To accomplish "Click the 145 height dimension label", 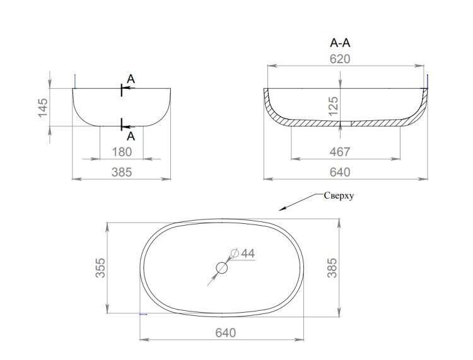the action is tap(43, 107).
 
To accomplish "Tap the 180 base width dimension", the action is tap(122, 152).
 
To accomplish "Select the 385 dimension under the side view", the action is tap(122, 172).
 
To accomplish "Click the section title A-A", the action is tap(341, 43).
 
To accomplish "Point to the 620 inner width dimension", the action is tap(340, 59).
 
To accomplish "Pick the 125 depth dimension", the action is tap(334, 106).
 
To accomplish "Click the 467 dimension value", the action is tap(340, 152).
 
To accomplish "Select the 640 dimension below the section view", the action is tap(340, 172).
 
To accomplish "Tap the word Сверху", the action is tap(339, 195).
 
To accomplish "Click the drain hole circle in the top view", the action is tap(222, 268).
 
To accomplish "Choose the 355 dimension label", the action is tap(100, 268).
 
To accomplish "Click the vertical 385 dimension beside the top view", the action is tap(332, 268).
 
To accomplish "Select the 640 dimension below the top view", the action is tap(226, 333).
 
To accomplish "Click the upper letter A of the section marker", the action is tap(131, 79).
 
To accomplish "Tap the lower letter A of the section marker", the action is tap(131, 137).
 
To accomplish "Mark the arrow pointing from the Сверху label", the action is tap(300, 202).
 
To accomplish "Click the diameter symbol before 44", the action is tap(235, 253).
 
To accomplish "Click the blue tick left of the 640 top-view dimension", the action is tap(143, 314).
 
